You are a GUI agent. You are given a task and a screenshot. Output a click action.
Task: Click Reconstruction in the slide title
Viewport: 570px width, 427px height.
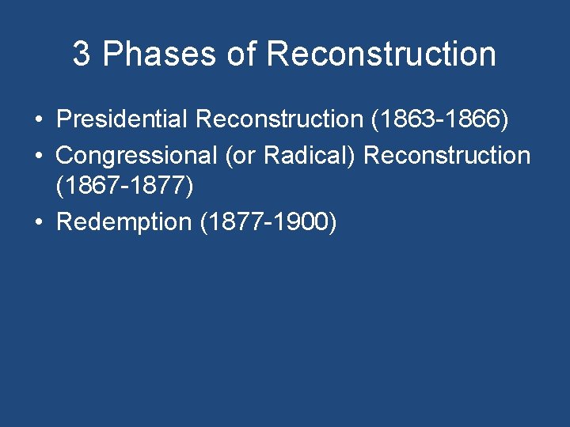point(382,55)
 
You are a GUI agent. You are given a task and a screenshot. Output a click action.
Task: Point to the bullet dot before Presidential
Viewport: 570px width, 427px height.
point(38,120)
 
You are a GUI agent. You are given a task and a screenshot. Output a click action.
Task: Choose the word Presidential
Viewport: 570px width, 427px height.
point(122,119)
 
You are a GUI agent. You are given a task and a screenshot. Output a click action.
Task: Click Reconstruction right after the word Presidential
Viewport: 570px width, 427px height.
point(278,119)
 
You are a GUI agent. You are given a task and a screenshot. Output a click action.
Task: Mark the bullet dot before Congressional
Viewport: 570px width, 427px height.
point(38,156)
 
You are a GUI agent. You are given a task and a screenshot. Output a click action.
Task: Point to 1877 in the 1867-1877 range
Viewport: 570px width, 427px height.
point(161,187)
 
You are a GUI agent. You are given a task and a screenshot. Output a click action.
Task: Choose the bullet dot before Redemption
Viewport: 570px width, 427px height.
point(38,223)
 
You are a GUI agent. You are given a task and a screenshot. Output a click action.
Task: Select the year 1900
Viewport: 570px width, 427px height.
point(304,222)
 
